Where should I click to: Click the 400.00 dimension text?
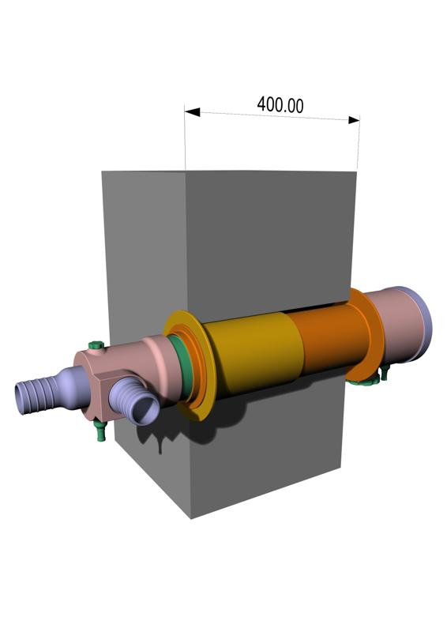coord(280,104)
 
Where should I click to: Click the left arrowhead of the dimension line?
coord(191,112)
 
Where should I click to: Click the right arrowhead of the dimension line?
coord(353,119)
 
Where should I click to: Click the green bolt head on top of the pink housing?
coord(96,344)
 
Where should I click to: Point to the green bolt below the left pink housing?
coord(100,431)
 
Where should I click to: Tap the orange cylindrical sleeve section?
coord(328,340)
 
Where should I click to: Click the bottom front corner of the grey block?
coord(192,517)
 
